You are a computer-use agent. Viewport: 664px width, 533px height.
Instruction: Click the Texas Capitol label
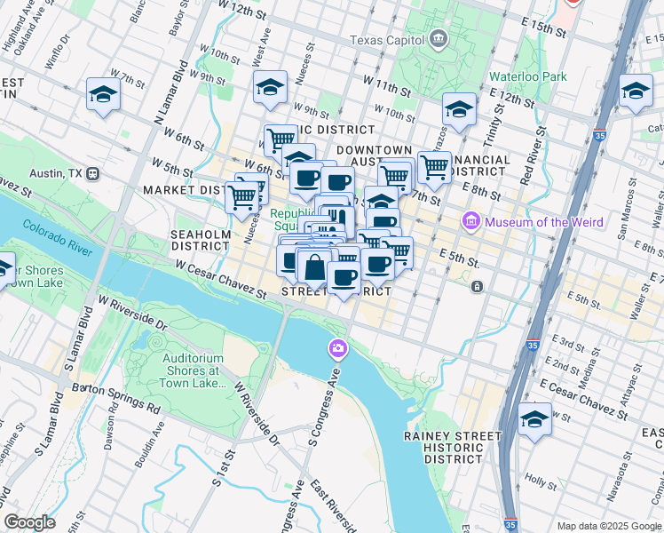387,40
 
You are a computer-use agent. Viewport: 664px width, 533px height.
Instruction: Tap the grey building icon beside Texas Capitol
438,39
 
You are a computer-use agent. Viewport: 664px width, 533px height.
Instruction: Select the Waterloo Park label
527,77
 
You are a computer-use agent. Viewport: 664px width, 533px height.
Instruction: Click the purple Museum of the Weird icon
470,221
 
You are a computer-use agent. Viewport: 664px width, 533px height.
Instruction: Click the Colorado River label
58,238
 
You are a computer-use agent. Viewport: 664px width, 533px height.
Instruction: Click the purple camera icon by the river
336,347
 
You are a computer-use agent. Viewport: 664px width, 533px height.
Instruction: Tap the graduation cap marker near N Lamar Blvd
103,94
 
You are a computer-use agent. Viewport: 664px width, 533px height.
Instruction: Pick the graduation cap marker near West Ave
270,87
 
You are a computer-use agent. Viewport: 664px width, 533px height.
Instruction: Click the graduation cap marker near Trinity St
459,109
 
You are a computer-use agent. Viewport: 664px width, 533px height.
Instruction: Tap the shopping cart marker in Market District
241,196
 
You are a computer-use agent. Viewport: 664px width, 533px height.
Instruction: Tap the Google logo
29,522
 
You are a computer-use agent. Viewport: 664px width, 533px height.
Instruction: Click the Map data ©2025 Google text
608,526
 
